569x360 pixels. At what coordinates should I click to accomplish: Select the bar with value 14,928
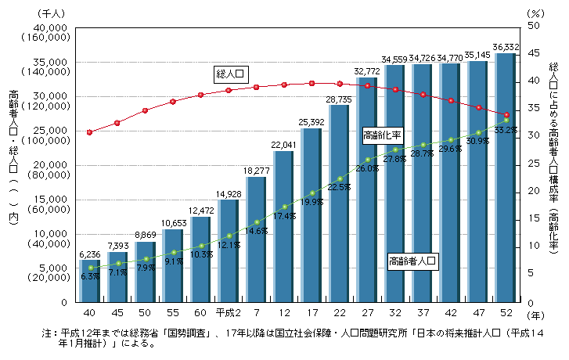pos(227,250)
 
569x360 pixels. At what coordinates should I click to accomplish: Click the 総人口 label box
pos(231,74)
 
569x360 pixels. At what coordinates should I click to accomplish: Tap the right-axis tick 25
pos(535,164)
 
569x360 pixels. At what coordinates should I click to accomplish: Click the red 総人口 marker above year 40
pos(90,132)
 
